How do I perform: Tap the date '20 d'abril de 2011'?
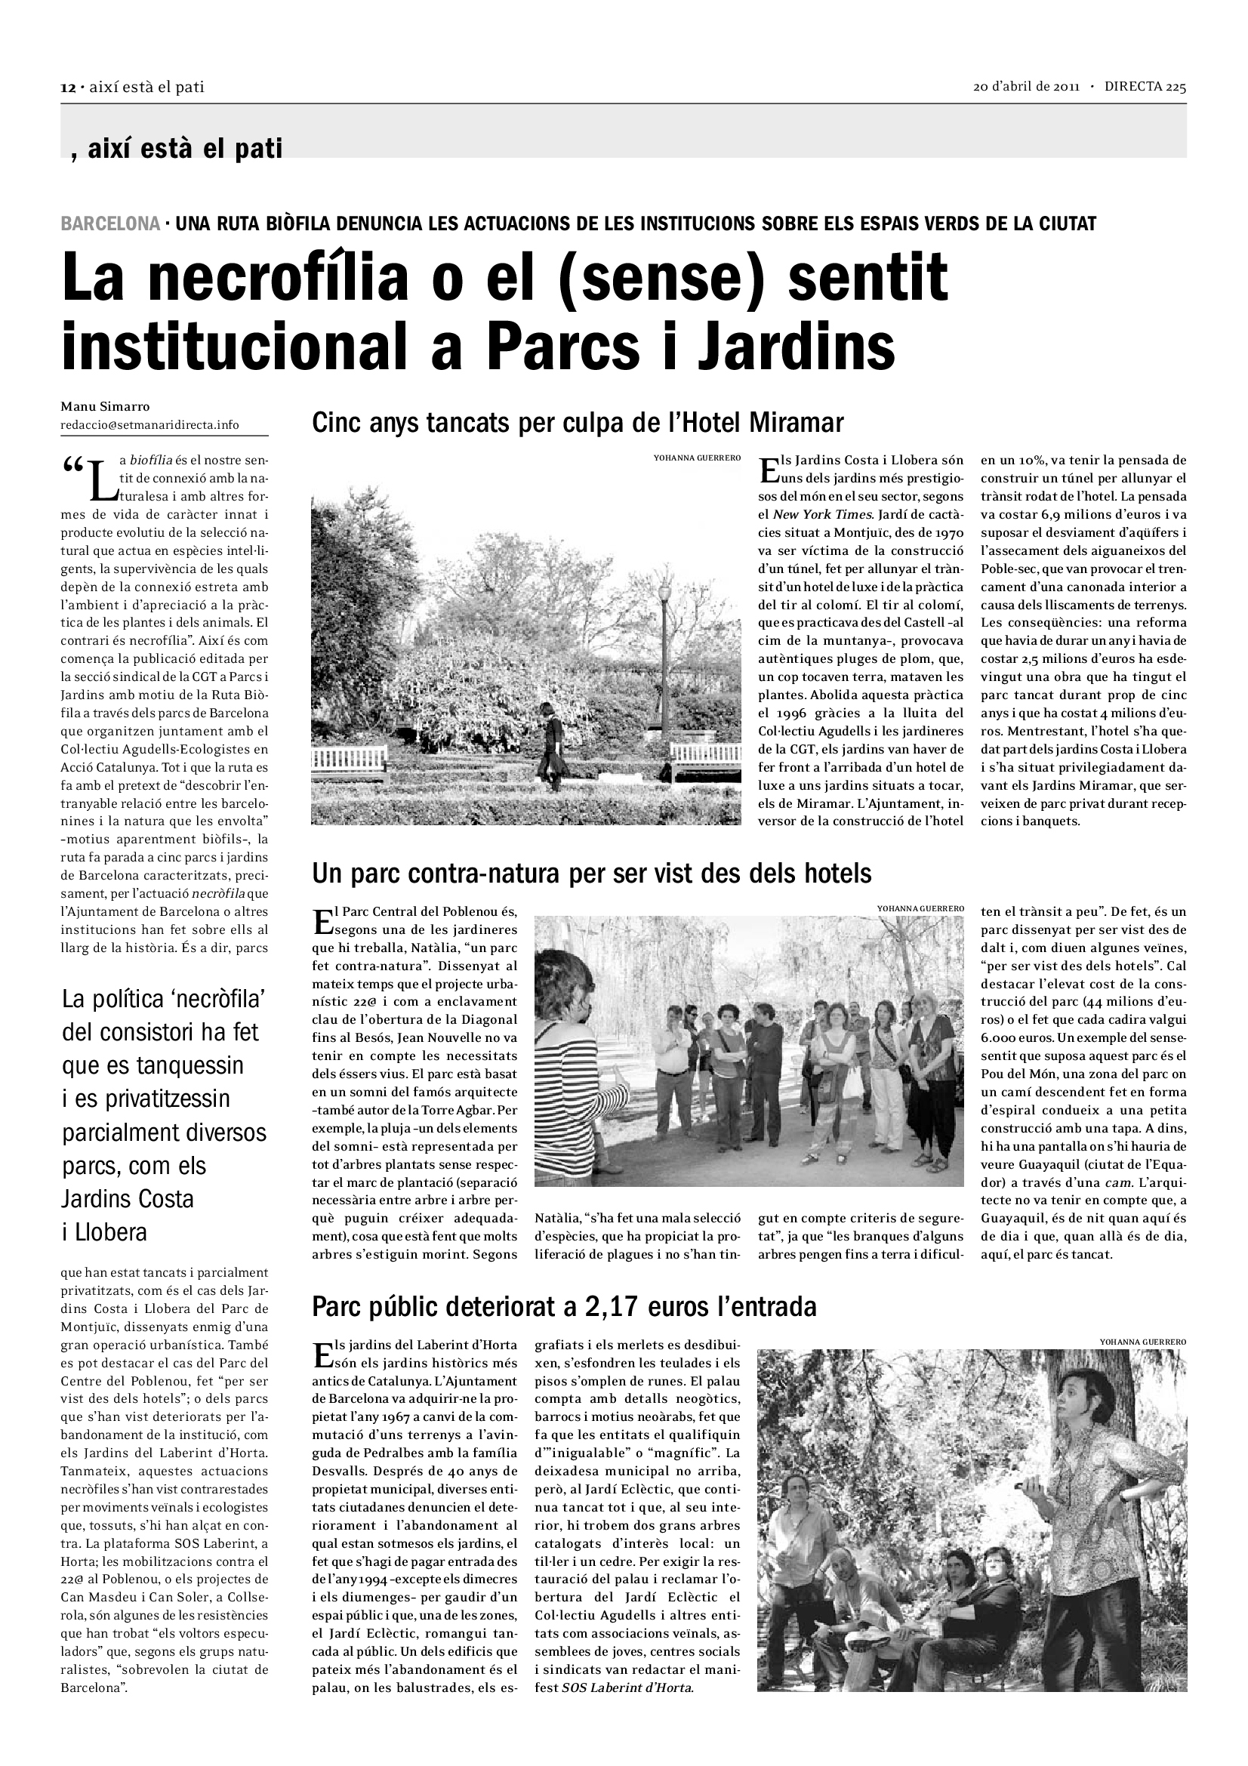(x=1028, y=87)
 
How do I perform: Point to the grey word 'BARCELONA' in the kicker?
(x=111, y=223)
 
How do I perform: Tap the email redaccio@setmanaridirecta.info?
(x=149, y=424)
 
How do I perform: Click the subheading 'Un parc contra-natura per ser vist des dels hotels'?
(x=591, y=873)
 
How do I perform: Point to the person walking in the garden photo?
(x=551, y=738)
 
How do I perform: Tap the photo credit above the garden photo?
(x=697, y=458)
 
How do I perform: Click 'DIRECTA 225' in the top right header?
(x=1145, y=87)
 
